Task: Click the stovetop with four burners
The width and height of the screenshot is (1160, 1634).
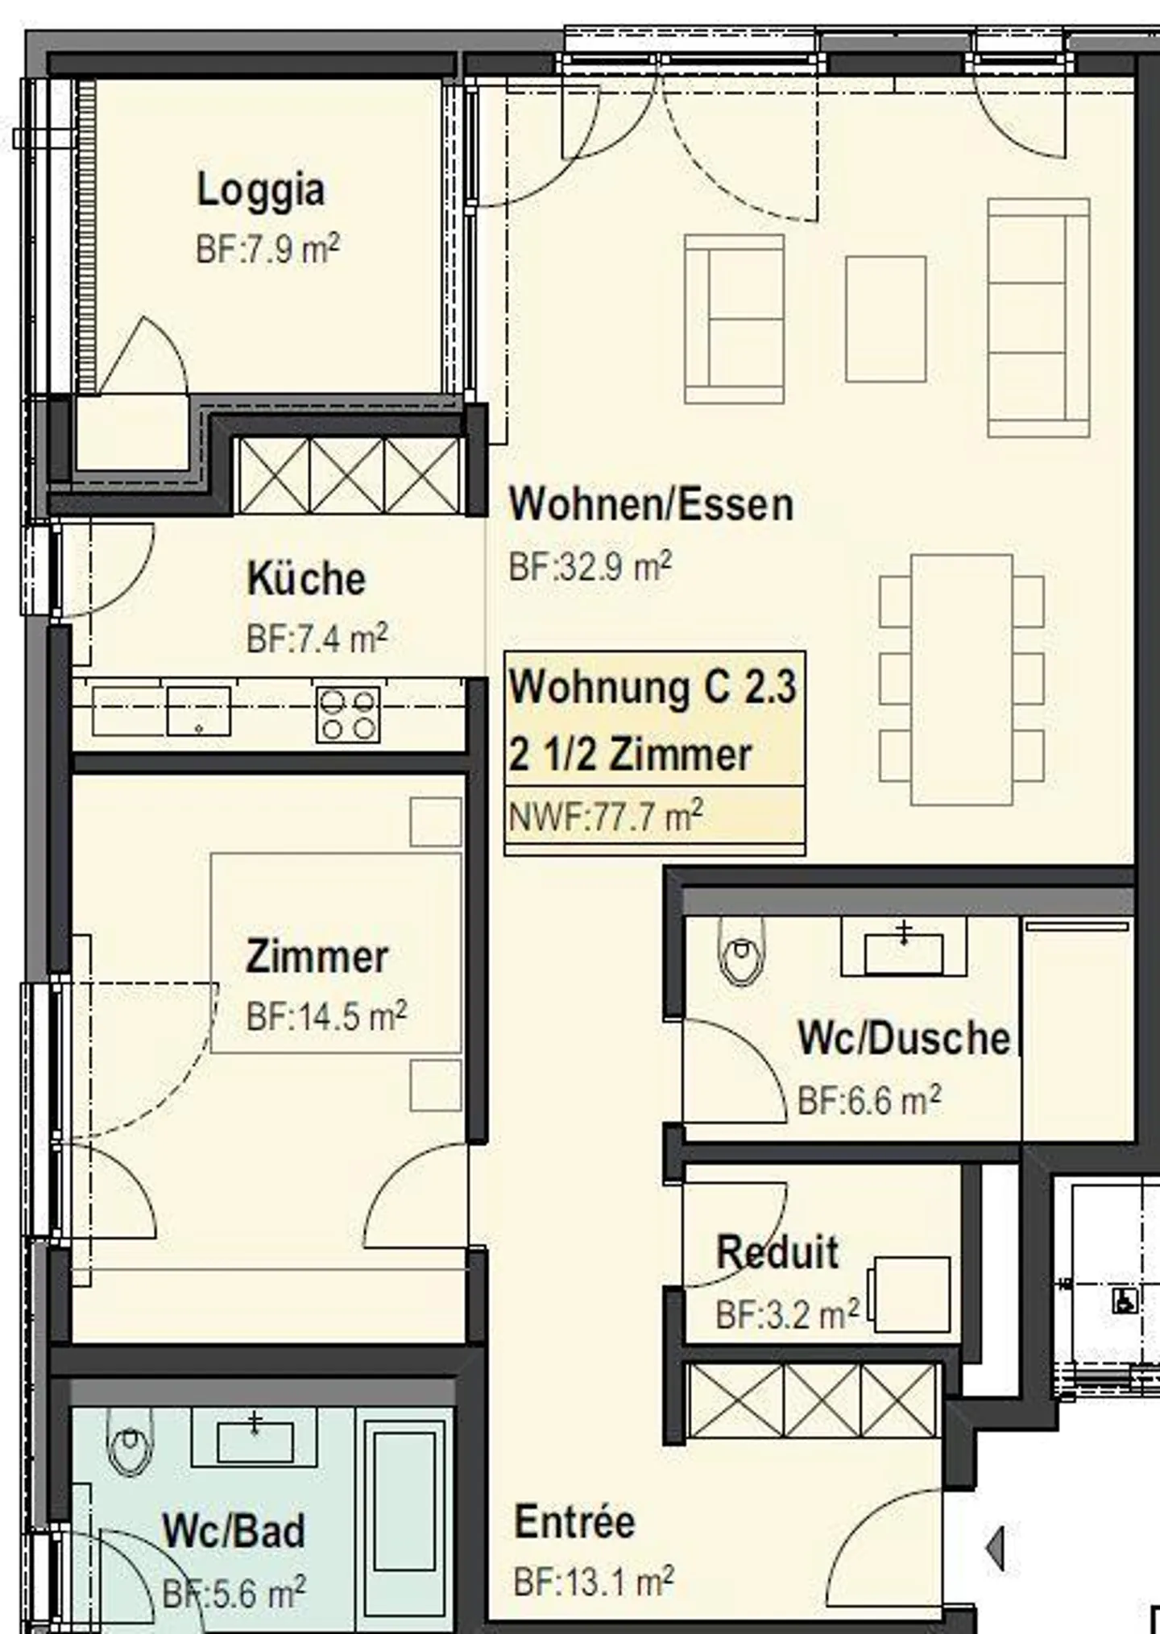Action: pos(348,714)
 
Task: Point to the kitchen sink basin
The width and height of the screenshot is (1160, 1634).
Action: pos(198,711)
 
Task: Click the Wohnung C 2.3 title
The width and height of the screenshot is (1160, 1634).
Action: pos(652,687)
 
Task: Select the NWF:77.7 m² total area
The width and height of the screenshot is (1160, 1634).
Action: pos(606,817)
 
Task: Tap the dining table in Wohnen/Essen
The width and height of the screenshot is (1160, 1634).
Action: pos(962,679)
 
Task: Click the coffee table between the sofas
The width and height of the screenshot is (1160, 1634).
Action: pos(885,318)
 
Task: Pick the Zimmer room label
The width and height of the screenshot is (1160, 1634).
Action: pos(317,957)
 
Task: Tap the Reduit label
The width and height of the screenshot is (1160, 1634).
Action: pos(777,1252)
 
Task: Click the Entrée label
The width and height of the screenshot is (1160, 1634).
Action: pos(574,1522)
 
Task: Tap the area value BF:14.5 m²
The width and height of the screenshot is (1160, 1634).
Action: pos(326,1016)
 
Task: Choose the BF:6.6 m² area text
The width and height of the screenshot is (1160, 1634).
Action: pos(868,1099)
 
